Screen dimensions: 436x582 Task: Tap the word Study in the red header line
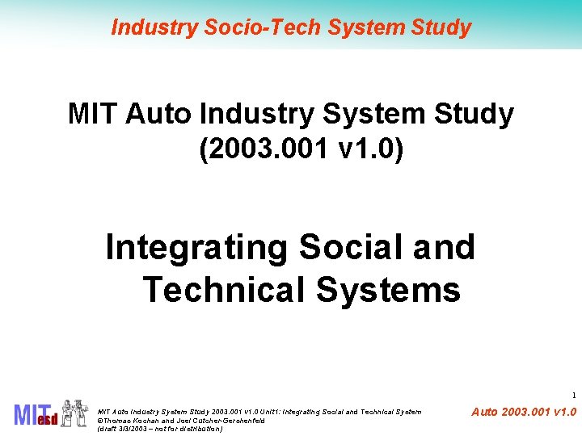pyautogui.click(x=441, y=27)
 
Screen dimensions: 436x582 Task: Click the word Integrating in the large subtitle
pyautogui.click(x=196, y=248)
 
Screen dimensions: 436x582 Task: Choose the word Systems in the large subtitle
pyautogui.click(x=389, y=289)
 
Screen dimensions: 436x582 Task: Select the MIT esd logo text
pyautogui.click(x=36, y=414)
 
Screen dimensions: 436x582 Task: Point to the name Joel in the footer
pyautogui.click(x=182, y=421)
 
